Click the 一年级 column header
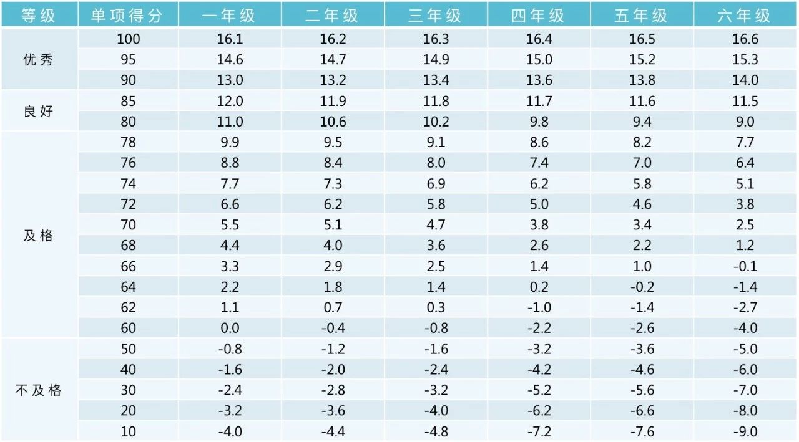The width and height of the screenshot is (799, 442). (229, 15)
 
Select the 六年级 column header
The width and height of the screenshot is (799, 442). (745, 15)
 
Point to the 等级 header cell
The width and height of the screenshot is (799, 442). (38, 15)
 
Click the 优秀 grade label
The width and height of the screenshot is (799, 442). (38, 60)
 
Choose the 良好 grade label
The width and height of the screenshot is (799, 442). (38, 112)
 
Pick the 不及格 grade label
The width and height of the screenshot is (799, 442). (38, 390)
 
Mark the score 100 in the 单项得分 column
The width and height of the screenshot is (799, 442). (128, 39)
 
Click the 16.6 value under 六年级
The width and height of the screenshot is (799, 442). (745, 39)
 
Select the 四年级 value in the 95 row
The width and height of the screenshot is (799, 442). (539, 60)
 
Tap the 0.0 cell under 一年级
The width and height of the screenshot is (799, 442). (230, 328)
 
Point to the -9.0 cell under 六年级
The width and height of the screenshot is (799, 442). (745, 431)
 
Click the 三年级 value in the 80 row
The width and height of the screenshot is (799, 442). (436, 122)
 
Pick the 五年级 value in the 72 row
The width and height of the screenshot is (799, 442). (642, 204)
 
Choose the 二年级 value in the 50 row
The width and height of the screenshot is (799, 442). (333, 349)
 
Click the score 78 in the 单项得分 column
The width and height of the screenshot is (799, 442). (128, 143)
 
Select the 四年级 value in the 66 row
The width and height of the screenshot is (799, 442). (539, 266)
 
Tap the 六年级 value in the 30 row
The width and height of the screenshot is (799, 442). (745, 390)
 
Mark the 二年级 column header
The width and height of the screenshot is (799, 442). (332, 15)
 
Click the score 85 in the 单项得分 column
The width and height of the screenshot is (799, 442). (128, 101)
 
